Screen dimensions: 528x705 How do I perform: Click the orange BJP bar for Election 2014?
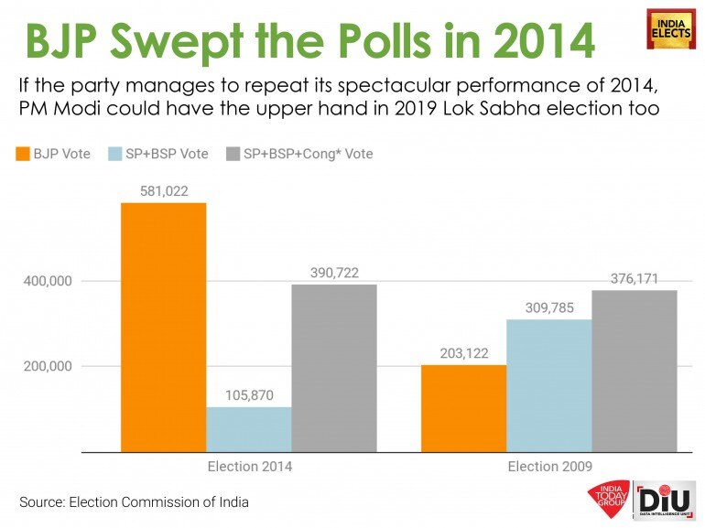pyautogui.click(x=163, y=327)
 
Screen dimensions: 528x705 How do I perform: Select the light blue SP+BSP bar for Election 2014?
pyautogui.click(x=249, y=429)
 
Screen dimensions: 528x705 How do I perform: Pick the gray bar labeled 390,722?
pyautogui.click(x=334, y=368)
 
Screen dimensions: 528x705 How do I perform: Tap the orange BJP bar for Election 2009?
pyautogui.click(x=463, y=408)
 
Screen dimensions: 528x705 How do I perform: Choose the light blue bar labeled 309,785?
pyautogui.click(x=548, y=385)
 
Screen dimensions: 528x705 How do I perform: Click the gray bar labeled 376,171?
pyautogui.click(x=634, y=371)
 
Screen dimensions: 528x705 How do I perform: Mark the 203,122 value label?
pyautogui.click(x=463, y=352)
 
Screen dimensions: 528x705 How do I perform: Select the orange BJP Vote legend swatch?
pyautogui.click(x=21, y=154)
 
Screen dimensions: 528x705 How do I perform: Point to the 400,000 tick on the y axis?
pyautogui.click(x=47, y=281)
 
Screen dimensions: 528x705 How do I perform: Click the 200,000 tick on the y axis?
pyautogui.click(x=47, y=366)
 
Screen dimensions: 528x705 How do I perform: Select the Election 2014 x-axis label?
pyautogui.click(x=249, y=467)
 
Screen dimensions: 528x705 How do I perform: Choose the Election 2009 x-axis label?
pyautogui.click(x=549, y=467)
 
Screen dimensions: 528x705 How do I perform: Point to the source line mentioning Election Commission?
pyautogui.click(x=134, y=501)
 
